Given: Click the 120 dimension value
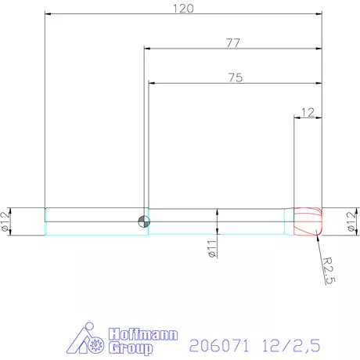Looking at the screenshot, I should [183, 8].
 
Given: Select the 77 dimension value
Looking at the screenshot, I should [233, 43].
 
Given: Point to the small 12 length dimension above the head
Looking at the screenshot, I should [308, 112].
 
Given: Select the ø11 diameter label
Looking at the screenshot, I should [211, 252].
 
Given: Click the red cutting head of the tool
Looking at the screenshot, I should [309, 221].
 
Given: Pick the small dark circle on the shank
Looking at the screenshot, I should [142, 220].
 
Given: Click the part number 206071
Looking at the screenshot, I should [215, 343].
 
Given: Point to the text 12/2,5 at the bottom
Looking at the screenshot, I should [292, 343].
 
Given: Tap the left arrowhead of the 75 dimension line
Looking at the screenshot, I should [152, 83].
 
